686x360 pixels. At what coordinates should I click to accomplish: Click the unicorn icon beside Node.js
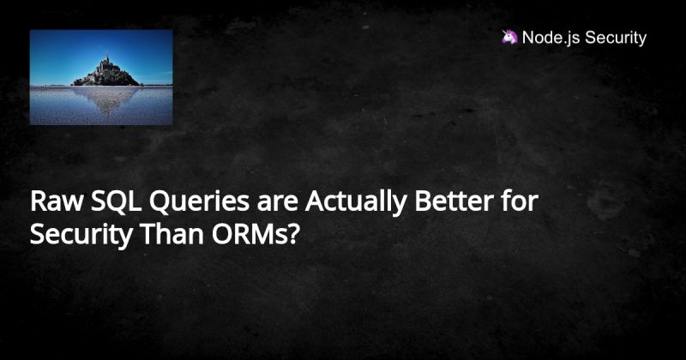[x=509, y=38]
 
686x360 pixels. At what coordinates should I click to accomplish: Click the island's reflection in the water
[x=105, y=99]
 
